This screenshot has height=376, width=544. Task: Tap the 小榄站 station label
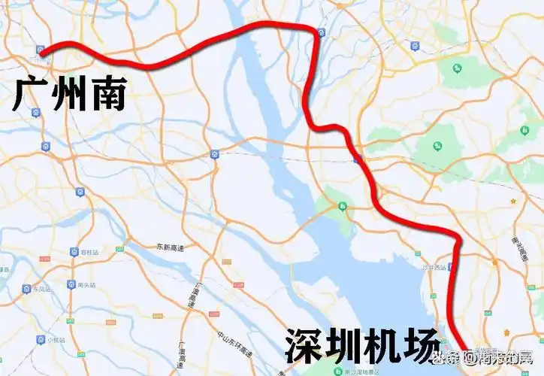click(56, 340)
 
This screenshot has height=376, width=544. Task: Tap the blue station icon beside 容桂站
click(74, 252)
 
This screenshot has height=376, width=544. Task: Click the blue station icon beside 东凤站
click(26, 288)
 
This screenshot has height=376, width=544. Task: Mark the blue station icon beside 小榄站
click(40, 340)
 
